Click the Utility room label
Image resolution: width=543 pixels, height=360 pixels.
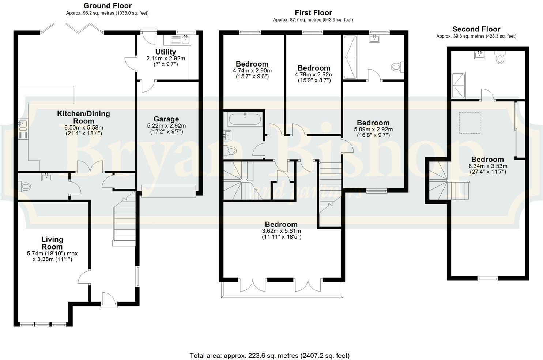tap(166, 52)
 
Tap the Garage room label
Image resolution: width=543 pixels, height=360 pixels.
tap(166, 119)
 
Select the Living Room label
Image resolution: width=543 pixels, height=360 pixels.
tap(52, 243)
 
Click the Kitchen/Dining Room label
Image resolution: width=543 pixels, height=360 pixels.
tap(83, 117)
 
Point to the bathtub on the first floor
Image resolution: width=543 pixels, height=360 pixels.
tap(245, 119)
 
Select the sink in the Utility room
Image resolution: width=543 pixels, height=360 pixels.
tap(185, 39)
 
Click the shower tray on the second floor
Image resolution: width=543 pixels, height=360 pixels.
tap(459, 86)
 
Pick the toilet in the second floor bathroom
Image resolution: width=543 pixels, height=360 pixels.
tap(500, 58)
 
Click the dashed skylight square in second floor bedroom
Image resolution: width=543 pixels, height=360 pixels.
tap(470, 123)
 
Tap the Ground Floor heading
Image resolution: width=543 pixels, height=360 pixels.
tap(108, 6)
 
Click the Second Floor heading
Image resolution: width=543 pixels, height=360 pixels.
tap(476, 29)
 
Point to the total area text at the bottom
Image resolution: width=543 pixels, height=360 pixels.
tap(269, 355)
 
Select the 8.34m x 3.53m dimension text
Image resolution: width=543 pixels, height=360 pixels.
tap(487, 166)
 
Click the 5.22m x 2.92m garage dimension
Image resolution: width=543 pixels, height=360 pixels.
tap(166, 125)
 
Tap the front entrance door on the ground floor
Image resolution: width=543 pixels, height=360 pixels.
tap(109, 300)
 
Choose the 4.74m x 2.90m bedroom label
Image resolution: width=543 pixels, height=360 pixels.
tap(252, 71)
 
